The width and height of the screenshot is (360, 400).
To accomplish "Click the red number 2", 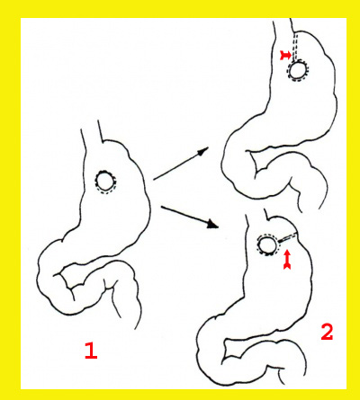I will pos(326,333).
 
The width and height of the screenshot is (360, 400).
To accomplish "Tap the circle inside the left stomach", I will pos(105,182).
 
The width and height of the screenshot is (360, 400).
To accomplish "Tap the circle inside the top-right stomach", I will pos(297,69).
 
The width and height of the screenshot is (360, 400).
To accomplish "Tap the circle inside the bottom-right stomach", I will pos(267,245).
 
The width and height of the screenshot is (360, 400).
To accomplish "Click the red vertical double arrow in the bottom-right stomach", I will pos(287,260).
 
